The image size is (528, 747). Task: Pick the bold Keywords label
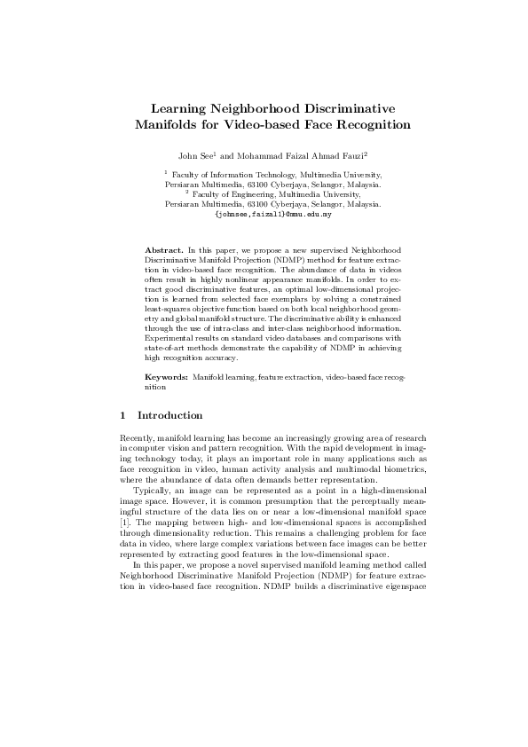166,378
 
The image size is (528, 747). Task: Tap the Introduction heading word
170,415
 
